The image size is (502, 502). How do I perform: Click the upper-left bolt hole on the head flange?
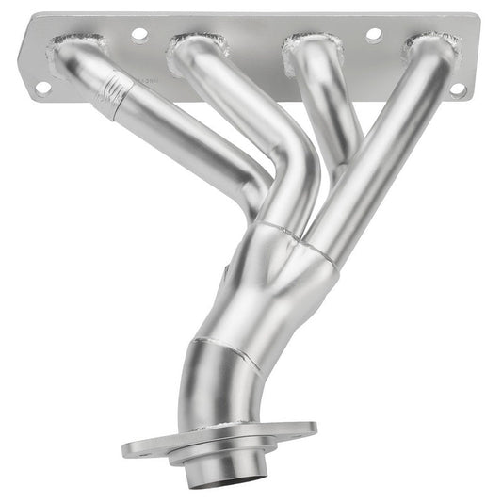[x=139, y=34]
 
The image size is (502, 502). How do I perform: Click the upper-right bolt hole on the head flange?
[x=373, y=34]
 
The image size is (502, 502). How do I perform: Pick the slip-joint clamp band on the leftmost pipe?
[x=111, y=95]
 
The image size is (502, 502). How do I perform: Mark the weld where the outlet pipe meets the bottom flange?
[x=219, y=429]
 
